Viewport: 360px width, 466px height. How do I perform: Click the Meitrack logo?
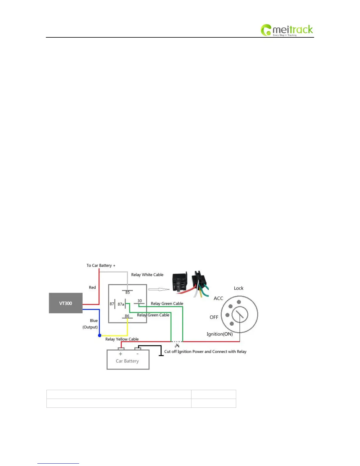[x=286, y=30]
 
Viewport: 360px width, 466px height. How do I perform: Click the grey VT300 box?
[x=66, y=303]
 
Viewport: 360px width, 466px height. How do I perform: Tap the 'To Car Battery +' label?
[x=101, y=265]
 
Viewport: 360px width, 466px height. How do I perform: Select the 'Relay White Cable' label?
[x=147, y=275]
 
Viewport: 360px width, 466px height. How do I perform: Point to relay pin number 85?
[x=127, y=292]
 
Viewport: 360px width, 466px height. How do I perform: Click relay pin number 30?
[x=140, y=301]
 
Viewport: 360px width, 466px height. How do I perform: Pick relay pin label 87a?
[x=121, y=304]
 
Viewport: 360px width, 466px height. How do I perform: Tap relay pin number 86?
[x=127, y=316]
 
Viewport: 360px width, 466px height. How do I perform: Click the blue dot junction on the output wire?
[x=100, y=335]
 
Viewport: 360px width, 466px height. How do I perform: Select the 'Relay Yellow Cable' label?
[x=122, y=339]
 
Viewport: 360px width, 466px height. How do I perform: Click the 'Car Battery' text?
[x=127, y=361]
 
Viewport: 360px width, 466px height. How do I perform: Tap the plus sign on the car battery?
[x=120, y=354]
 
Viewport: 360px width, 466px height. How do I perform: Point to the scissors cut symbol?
[x=177, y=345]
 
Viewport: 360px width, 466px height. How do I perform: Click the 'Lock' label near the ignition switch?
[x=239, y=288]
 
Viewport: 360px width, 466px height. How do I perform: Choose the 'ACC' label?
[x=218, y=298]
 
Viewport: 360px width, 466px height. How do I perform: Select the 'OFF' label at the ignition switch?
[x=214, y=317]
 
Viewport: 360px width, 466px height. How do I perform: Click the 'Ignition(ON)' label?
[x=219, y=334]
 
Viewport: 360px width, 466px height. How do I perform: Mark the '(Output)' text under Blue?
[x=90, y=327]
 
